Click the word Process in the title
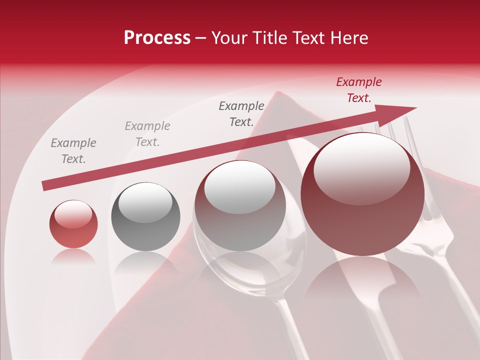[x=157, y=38]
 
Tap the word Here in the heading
[x=348, y=38]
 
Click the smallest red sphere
[x=73, y=224]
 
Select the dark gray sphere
[x=145, y=216]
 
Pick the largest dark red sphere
[x=362, y=195]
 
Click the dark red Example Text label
[x=359, y=90]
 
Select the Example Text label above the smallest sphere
[x=73, y=151]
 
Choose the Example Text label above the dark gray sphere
[x=147, y=134]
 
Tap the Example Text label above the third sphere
[x=241, y=114]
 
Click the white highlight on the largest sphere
[x=361, y=167]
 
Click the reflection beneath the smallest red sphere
[x=73, y=256]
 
